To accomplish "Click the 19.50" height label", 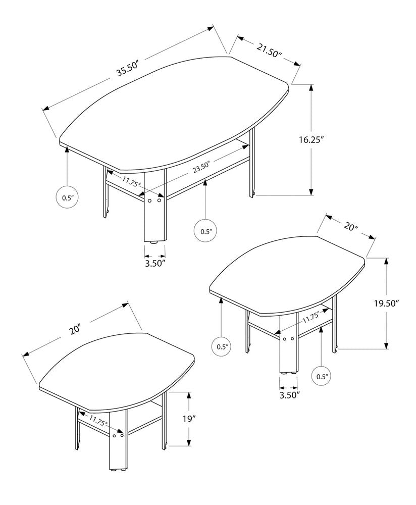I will point(386,303).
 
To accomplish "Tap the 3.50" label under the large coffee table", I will point(155,263).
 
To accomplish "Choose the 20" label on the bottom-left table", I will point(76,329).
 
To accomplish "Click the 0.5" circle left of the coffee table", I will point(68,197).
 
